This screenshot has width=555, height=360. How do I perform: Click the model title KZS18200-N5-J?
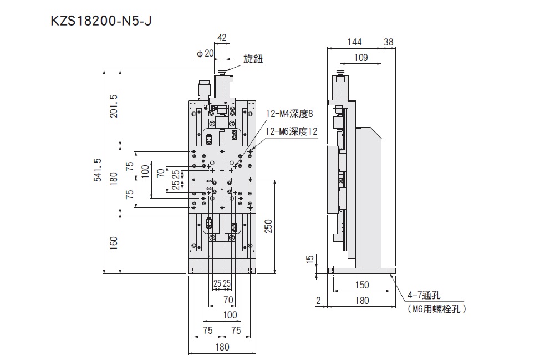tap(101, 21)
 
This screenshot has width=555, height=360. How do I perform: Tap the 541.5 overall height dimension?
tap(98, 170)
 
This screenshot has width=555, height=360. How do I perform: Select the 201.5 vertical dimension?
tap(114, 106)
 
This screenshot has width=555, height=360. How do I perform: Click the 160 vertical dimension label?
tap(114, 243)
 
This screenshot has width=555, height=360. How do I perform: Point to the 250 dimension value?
tap(269, 226)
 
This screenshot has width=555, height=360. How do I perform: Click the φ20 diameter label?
tap(205, 53)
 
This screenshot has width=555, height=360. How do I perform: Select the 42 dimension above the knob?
tap(222, 38)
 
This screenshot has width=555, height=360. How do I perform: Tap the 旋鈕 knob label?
tap(253, 59)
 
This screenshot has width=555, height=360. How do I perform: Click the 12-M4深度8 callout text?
tap(289, 114)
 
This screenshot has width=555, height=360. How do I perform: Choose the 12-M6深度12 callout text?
tap(292, 131)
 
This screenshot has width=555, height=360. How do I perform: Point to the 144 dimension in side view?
tap(354, 42)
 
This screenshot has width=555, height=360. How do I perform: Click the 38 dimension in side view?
tap(388, 42)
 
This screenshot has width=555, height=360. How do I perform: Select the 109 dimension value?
tap(361, 58)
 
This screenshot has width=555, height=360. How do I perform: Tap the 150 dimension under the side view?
tap(361, 285)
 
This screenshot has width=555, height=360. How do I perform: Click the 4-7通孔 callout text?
tap(424, 295)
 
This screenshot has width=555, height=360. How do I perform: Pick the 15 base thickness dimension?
tap(310, 259)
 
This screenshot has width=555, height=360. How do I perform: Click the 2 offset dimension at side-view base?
tap(318, 301)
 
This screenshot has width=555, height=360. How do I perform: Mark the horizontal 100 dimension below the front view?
tap(230, 315)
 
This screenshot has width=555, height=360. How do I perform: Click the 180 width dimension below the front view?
tap(222, 347)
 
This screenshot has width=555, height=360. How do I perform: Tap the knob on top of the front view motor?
tap(223, 73)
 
